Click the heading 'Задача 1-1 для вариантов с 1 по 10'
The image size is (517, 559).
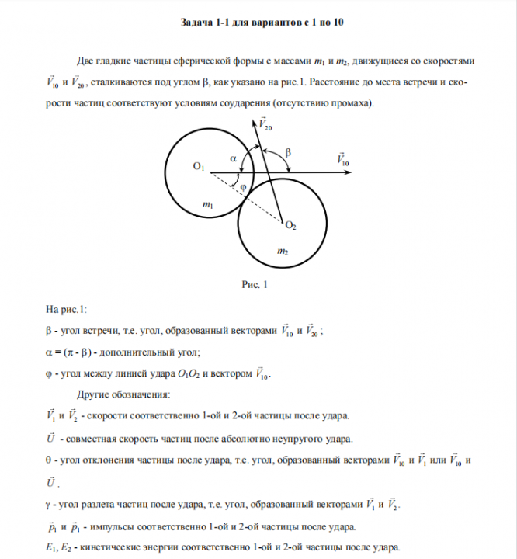click(258, 23)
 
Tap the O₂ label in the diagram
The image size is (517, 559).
click(290, 226)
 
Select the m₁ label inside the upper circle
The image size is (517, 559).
click(207, 205)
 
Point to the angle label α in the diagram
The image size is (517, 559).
click(234, 158)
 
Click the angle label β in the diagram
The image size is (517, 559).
click(288, 153)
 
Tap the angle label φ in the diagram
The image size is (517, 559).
click(243, 187)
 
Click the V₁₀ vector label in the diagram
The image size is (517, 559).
click(343, 158)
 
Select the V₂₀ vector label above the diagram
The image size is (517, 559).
click(265, 123)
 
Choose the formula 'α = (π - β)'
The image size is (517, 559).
click(78, 351)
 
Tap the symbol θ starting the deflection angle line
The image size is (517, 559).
click(49, 459)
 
